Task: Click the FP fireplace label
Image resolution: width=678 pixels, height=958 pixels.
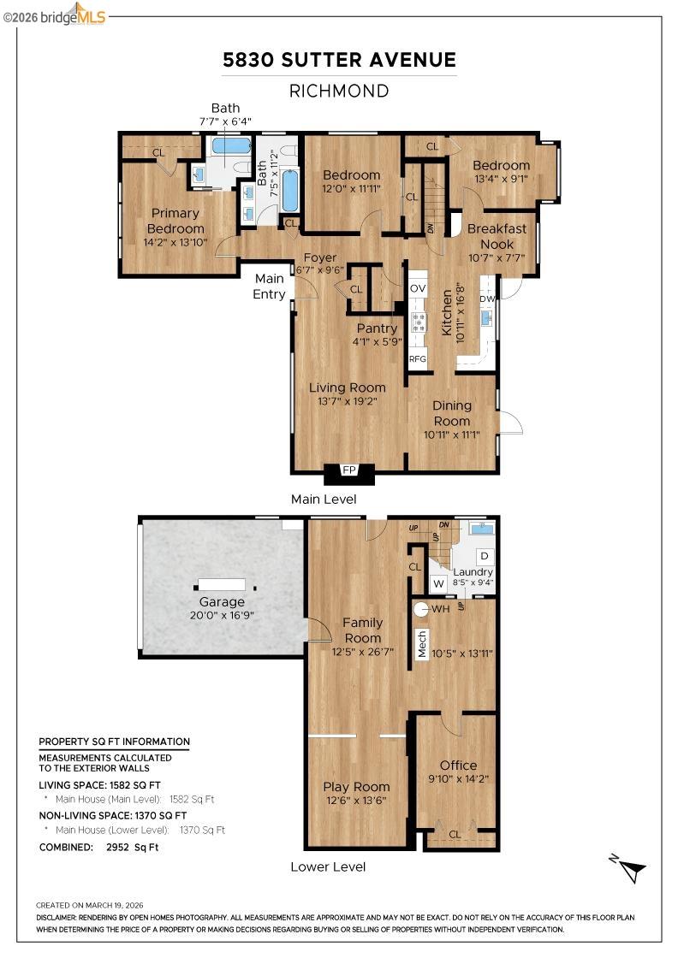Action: click(x=349, y=470)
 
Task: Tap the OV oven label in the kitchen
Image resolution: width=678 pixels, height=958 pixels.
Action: click(x=418, y=289)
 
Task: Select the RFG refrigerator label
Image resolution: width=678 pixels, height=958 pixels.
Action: click(x=418, y=359)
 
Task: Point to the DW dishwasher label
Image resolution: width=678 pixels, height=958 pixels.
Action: click(x=487, y=299)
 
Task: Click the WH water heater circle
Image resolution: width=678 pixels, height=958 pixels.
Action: click(x=421, y=610)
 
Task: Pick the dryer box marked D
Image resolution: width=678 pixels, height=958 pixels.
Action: click(x=483, y=556)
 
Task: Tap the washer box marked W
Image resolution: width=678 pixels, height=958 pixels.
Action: click(x=438, y=584)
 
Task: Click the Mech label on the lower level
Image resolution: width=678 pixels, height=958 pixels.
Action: click(x=422, y=644)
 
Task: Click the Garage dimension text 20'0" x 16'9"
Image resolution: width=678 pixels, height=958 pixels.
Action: click(x=222, y=615)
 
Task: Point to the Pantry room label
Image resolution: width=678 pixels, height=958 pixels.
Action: click(x=377, y=328)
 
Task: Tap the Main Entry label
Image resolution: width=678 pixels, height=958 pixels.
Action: click(x=270, y=287)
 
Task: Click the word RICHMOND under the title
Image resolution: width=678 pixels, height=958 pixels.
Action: click(x=339, y=91)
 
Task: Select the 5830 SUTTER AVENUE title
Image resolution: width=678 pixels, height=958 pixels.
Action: click(x=339, y=60)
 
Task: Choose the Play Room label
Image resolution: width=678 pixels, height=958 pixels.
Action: click(x=356, y=787)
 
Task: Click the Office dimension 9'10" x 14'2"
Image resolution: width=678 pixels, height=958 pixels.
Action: click(x=459, y=779)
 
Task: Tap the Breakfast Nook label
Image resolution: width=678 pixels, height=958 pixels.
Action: click(x=491, y=236)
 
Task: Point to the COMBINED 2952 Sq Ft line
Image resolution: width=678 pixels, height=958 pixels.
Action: click(x=99, y=847)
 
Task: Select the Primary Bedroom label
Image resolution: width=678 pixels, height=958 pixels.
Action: click(x=175, y=221)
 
